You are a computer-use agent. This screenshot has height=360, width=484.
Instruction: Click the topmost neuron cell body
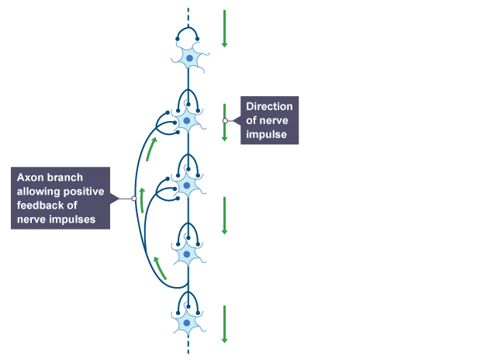pos(188,58)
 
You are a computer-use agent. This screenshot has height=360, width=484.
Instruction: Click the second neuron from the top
pos(188,120)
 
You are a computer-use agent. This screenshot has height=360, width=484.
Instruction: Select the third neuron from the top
pos(188,185)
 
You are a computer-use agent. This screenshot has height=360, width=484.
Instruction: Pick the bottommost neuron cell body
pos(187,321)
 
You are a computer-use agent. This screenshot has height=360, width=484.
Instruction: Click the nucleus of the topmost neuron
pos(188,58)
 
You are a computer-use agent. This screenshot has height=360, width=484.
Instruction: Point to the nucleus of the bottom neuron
pos(187,321)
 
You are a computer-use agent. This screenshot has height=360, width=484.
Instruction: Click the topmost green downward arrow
pos(224,28)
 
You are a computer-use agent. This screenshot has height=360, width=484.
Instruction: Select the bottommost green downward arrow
pos(224,324)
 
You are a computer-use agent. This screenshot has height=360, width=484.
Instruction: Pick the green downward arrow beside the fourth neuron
pos(224,215)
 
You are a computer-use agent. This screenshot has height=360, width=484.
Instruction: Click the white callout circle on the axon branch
pos(134,199)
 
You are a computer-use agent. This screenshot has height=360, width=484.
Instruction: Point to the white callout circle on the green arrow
pos(225,121)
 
